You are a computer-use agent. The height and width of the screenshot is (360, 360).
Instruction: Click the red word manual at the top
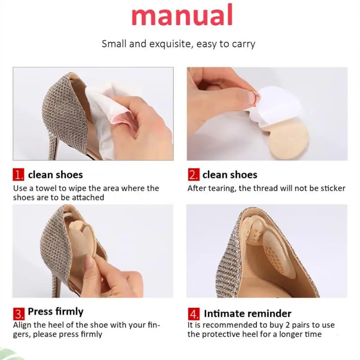[x=182, y=15]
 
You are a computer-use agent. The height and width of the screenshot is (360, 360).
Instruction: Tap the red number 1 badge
[x=18, y=175]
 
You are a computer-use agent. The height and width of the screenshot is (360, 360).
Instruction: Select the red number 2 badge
[x=193, y=175]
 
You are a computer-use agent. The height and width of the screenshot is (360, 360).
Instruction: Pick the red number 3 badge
[x=18, y=314]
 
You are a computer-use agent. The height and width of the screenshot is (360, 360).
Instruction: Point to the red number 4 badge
[x=194, y=314]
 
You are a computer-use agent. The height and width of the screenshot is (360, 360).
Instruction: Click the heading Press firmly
[x=55, y=312]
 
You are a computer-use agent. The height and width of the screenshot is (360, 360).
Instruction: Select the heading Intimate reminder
[x=247, y=314]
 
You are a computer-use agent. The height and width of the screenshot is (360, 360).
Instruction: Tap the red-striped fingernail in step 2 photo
[x=254, y=98]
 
